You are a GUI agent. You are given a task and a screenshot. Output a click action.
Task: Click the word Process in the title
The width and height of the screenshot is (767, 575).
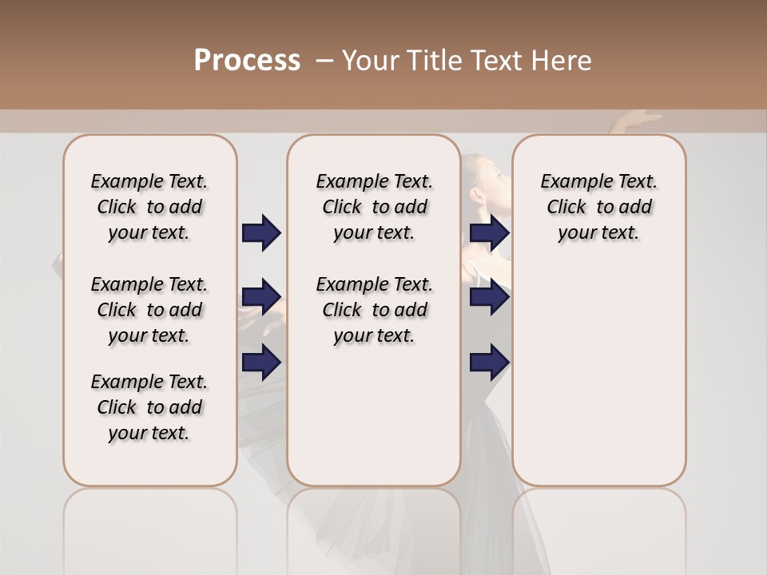pyautogui.click(x=247, y=60)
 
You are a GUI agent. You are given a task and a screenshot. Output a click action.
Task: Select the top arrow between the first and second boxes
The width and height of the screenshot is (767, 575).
pyautogui.click(x=261, y=232)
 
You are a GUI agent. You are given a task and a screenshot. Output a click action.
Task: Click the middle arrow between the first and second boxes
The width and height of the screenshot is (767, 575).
pyautogui.click(x=261, y=297)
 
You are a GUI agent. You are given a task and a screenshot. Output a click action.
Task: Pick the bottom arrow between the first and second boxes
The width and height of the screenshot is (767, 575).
pyautogui.click(x=261, y=363)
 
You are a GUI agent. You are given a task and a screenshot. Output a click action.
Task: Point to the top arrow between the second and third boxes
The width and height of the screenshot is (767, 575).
pyautogui.click(x=489, y=232)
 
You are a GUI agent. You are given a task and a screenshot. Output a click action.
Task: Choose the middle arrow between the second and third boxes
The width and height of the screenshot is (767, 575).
pyautogui.click(x=489, y=297)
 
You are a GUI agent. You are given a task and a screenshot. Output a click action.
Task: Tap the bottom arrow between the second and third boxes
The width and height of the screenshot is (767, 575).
pyautogui.click(x=489, y=363)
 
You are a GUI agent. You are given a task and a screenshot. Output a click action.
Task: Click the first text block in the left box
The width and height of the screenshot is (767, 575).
pyautogui.click(x=149, y=207)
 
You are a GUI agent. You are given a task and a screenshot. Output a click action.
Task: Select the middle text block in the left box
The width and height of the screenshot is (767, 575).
pyautogui.click(x=149, y=310)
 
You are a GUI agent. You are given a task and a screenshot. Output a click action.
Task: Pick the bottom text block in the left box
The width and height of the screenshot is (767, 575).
pyautogui.click(x=149, y=407)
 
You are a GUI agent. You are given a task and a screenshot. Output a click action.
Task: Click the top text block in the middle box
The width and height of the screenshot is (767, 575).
pyautogui.click(x=374, y=207)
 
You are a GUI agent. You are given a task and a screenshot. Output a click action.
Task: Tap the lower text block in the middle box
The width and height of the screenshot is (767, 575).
pyautogui.click(x=374, y=310)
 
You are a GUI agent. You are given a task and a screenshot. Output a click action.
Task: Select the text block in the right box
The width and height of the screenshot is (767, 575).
pyautogui.click(x=598, y=207)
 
